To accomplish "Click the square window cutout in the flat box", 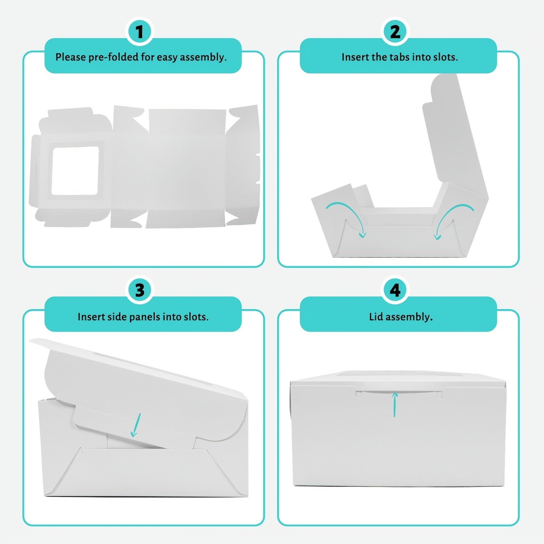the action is pyautogui.click(x=75, y=170).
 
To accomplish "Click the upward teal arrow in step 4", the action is pyautogui.click(x=395, y=404).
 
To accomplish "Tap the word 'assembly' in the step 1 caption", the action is pyautogui.click(x=203, y=57).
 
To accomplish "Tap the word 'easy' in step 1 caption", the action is pyautogui.click(x=167, y=58).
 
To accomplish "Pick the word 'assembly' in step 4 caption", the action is pyautogui.click(x=410, y=318).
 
